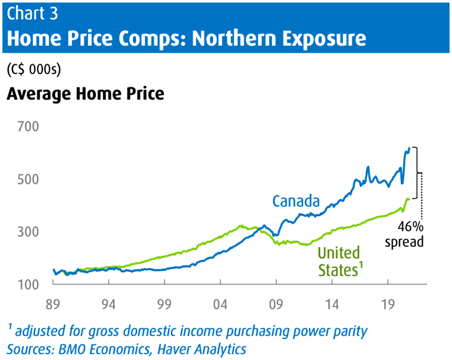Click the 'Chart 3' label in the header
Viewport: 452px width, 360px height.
pyautogui.click(x=32, y=13)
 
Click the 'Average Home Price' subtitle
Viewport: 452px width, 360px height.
pyautogui.click(x=85, y=94)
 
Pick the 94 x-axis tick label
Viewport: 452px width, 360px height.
pyautogui.click(x=109, y=305)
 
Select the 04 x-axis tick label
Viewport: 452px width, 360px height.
pyautogui.click(x=220, y=305)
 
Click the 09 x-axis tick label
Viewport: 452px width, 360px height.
pyautogui.click(x=276, y=305)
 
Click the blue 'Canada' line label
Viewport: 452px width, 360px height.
pyautogui.click(x=296, y=201)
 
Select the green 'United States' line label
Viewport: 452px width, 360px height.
pyautogui.click(x=339, y=261)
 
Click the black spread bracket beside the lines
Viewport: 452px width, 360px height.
pyautogui.click(x=417, y=173)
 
